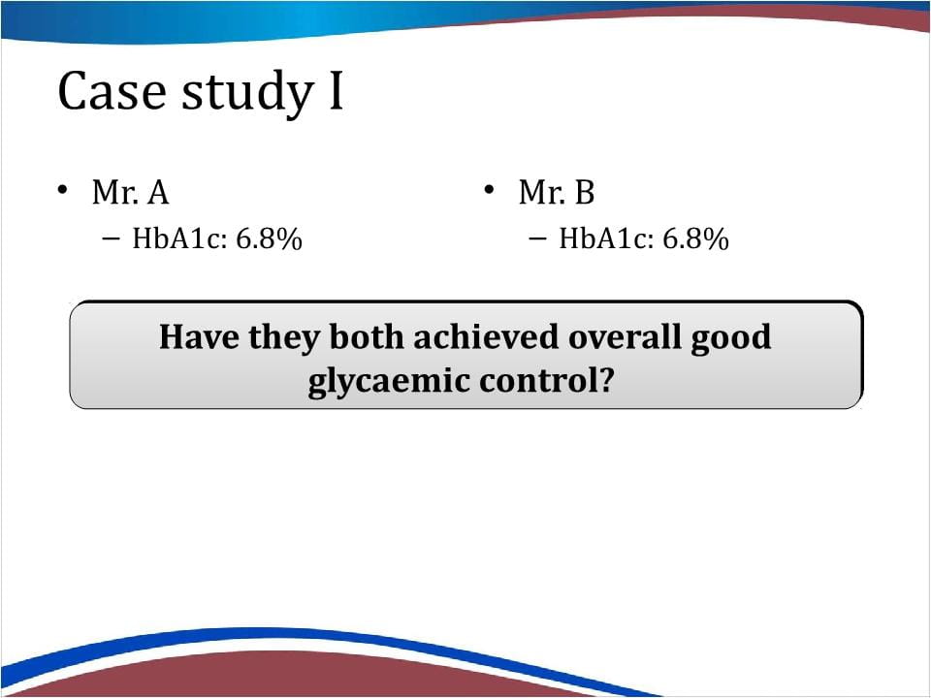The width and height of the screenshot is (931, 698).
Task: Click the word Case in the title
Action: pyautogui.click(x=112, y=91)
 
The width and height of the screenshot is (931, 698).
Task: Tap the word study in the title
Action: pyautogui.click(x=247, y=93)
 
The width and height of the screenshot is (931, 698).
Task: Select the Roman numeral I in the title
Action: pyautogui.click(x=337, y=91)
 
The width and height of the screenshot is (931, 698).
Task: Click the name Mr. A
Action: pyautogui.click(x=131, y=192)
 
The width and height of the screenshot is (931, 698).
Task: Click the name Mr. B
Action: pyautogui.click(x=557, y=192)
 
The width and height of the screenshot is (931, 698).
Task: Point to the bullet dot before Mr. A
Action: pyautogui.click(x=62, y=190)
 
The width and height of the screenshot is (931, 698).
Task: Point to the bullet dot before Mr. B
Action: pyautogui.click(x=489, y=190)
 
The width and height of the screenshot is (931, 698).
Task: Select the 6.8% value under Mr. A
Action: pyautogui.click(x=269, y=238)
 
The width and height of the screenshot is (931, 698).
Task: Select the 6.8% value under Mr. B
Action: pyautogui.click(x=695, y=238)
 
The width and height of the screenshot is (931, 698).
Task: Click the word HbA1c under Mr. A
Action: pyautogui.click(x=179, y=238)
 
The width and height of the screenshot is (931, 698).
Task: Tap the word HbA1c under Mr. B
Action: pyautogui.click(x=605, y=238)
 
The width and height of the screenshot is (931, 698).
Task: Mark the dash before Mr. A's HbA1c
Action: pyautogui.click(x=111, y=238)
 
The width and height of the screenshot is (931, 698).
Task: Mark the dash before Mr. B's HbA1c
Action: pyautogui.click(x=537, y=238)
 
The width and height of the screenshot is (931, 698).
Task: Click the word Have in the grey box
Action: pyautogui.click(x=199, y=336)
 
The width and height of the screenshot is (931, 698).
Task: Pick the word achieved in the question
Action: pyautogui.click(x=486, y=336)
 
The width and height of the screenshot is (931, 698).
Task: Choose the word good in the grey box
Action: pyautogui.click(x=730, y=339)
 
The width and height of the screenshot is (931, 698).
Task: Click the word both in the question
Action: pyautogui.click(x=367, y=336)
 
